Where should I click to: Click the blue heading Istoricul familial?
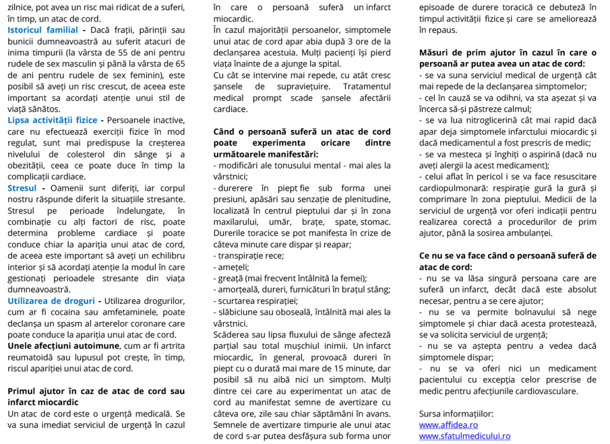pyautogui.click(x=43, y=30)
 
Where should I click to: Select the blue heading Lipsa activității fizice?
pyautogui.click(x=52, y=120)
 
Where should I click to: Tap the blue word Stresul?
pyautogui.click(x=22, y=188)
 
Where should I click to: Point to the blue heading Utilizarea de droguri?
pyautogui.click(x=52, y=301)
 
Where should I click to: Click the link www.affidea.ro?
pyautogui.click(x=448, y=425)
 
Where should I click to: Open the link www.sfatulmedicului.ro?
pyautogui.click(x=464, y=436)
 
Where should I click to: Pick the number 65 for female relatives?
pyautogui.click(x=179, y=64)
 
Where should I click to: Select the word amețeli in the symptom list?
pyautogui.click(x=233, y=267)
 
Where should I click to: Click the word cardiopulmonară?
pyautogui.click(x=453, y=188)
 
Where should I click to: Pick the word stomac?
pyautogui.click(x=377, y=222)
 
